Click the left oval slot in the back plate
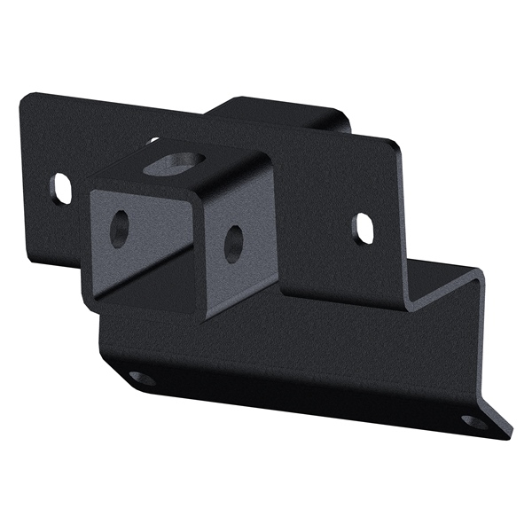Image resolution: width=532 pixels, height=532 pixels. pos(61,188)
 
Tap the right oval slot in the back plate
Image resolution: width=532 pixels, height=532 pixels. pos(364,228)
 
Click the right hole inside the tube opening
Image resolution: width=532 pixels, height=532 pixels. pos(233,242)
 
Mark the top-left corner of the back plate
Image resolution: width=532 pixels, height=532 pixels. pos(26,95)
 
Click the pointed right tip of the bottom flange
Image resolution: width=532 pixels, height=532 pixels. pos(510,435)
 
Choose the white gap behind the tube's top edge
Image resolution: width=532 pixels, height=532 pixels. pos(153,141)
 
